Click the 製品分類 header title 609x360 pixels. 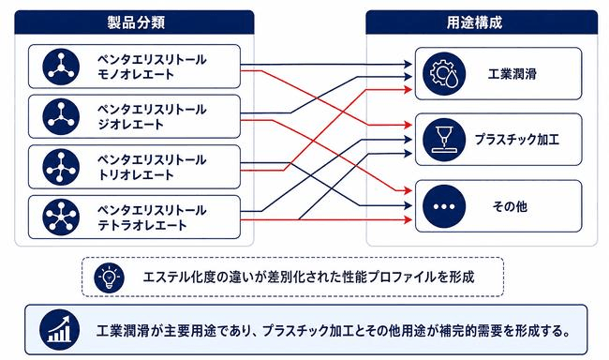136,22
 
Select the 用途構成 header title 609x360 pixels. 474,22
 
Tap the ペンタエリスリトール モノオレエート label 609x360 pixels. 152,67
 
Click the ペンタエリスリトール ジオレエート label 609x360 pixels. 152,116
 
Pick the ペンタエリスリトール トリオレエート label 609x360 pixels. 152,167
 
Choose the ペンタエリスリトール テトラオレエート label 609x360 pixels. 152,217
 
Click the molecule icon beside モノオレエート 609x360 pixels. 61,67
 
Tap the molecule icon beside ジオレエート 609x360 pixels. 61,116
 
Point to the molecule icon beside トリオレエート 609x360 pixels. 61,167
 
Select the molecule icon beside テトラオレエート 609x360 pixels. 61,217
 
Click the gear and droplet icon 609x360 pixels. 444,73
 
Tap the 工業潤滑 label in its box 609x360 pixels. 512,74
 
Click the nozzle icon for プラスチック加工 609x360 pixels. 444,140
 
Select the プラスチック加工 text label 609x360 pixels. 517,140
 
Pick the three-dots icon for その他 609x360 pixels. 444,206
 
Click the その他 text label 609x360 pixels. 510,206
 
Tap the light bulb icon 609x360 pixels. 109,277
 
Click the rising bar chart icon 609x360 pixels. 59,330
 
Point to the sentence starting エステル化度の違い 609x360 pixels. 309,277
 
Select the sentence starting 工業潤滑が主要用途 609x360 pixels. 334,331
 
